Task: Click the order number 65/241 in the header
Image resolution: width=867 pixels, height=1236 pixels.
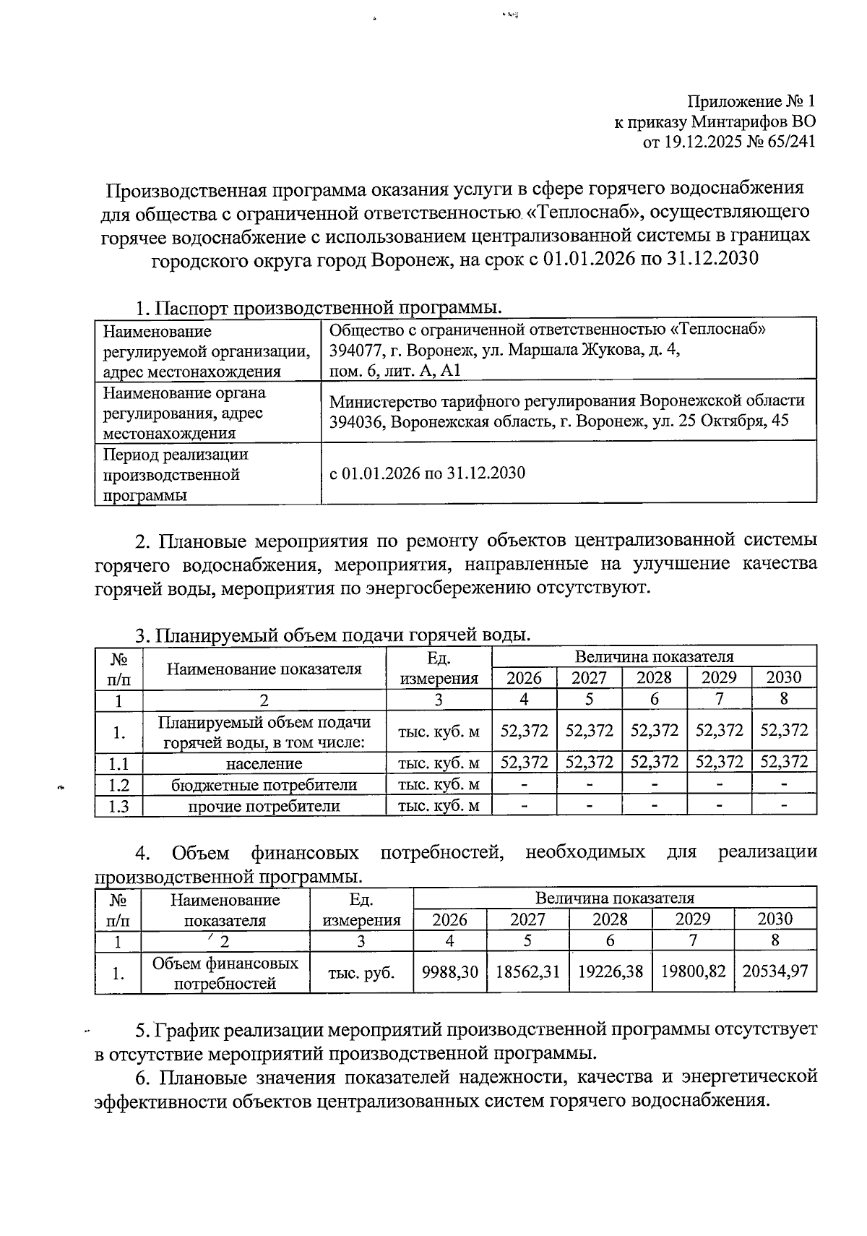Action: (788, 142)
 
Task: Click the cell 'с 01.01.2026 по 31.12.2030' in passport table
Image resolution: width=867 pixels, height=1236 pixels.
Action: (427, 473)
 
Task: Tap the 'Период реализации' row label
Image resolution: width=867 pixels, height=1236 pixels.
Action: (176, 455)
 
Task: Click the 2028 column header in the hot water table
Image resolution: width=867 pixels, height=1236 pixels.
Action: (654, 678)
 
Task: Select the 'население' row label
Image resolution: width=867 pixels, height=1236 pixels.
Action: (264, 763)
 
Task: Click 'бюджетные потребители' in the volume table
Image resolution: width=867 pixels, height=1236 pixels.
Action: (264, 785)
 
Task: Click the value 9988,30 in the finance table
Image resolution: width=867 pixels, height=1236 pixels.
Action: (450, 972)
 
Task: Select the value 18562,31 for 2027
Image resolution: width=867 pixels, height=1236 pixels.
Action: (528, 972)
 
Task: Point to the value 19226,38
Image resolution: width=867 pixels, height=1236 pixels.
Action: (611, 972)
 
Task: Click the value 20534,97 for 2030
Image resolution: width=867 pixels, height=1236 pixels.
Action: (775, 972)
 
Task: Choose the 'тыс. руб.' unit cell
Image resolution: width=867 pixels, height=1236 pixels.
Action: (361, 973)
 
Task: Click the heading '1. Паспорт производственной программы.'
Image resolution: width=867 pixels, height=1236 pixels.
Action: (318, 307)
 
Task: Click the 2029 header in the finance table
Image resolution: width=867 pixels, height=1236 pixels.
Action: (693, 919)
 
